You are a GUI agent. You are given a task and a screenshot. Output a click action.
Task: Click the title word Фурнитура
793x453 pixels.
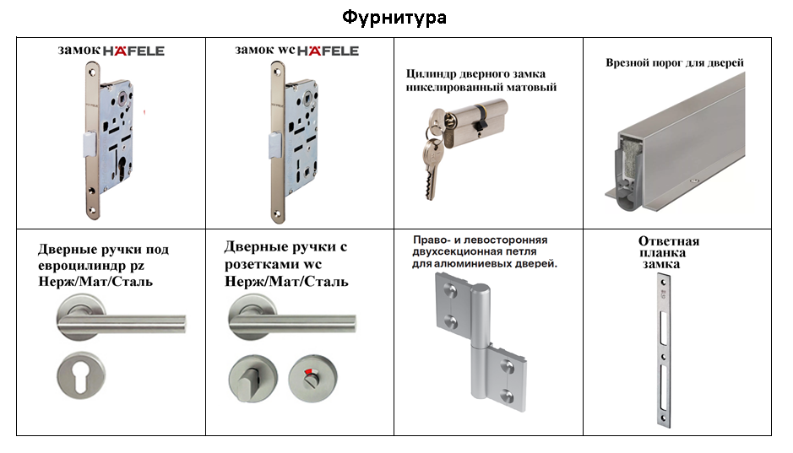[394, 19]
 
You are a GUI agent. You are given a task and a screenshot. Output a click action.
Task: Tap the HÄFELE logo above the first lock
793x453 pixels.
[134, 51]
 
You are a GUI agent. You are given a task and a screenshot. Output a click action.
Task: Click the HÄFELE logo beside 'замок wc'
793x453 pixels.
[328, 51]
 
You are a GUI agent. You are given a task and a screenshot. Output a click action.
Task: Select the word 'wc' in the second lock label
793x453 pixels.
[286, 51]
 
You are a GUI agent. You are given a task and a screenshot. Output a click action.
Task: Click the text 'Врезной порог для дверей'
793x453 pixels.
[675, 63]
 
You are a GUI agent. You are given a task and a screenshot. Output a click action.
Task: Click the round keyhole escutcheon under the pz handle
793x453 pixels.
[81, 375]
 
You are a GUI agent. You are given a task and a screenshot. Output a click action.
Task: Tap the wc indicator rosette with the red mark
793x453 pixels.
[312, 378]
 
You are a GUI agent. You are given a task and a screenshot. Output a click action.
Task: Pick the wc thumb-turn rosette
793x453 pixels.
[253, 378]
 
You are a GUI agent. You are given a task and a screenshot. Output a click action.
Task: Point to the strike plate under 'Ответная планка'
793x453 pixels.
[664, 351]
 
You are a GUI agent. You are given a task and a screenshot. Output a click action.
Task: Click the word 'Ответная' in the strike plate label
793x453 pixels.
[669, 241]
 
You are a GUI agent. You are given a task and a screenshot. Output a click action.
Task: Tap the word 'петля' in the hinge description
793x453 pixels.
[521, 251]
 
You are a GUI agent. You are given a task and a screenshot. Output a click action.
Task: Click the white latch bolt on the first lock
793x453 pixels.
[89, 143]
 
